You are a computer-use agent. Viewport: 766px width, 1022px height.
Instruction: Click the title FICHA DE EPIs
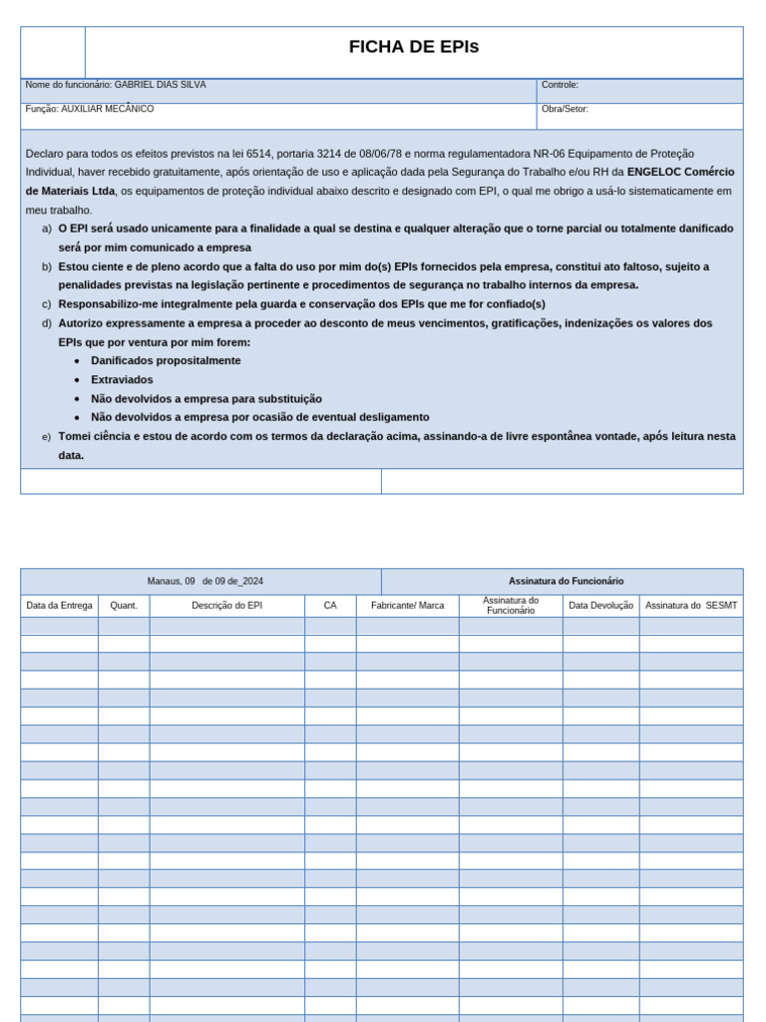[413, 47]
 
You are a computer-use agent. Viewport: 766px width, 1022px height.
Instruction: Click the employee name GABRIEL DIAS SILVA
[160, 85]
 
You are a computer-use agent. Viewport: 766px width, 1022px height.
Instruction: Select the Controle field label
[560, 85]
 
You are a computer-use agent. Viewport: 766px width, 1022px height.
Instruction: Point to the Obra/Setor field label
[565, 109]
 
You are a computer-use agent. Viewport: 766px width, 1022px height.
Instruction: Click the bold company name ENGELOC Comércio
[680, 172]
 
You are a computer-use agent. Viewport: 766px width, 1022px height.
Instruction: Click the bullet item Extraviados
[122, 379]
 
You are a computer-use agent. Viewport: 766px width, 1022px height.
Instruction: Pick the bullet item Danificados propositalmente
[166, 360]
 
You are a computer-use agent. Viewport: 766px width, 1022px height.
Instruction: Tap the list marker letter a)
[46, 229]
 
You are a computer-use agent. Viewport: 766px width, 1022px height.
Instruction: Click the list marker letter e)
[46, 437]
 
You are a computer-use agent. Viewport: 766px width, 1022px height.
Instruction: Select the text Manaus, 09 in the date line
[171, 581]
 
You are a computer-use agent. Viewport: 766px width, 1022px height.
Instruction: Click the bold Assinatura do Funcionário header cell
[566, 581]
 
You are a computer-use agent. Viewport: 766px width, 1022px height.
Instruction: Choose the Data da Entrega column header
[59, 606]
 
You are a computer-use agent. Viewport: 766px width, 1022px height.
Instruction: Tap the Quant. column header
[124, 606]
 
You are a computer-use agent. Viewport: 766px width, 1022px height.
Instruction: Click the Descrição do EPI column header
[227, 606]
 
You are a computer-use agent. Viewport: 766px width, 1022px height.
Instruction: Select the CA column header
[330, 606]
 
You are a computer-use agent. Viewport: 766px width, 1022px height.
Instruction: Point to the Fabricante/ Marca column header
[407, 606]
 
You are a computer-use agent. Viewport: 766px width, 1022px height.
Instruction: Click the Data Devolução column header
[600, 606]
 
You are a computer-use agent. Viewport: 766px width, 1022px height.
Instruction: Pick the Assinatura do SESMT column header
[691, 606]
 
